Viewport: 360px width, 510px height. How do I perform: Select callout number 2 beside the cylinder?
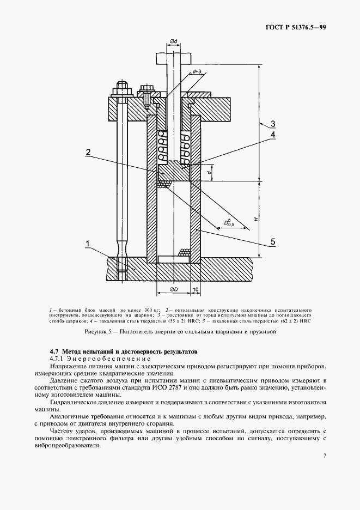click(88, 153)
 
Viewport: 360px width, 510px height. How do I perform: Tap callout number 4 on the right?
click(273, 134)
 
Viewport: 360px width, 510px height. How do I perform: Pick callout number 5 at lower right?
click(273, 241)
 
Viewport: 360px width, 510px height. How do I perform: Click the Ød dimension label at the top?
click(173, 41)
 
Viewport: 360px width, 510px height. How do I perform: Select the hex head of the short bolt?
click(147, 88)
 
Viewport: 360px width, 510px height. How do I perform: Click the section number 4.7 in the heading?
click(55, 351)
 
